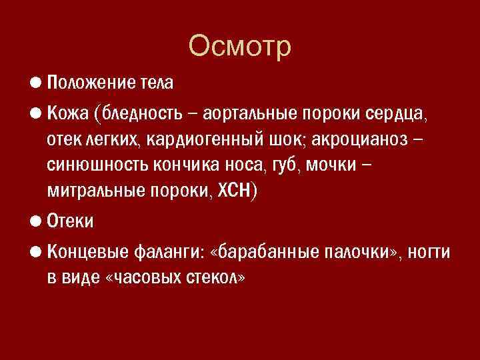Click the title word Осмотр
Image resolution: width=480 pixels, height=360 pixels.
tap(240, 47)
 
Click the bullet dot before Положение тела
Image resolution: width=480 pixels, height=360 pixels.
tap(35, 83)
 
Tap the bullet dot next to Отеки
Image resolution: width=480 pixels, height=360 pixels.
tap(35, 220)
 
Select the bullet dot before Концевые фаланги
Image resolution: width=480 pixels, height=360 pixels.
tap(35, 253)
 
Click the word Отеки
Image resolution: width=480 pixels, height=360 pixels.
tap(71, 221)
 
